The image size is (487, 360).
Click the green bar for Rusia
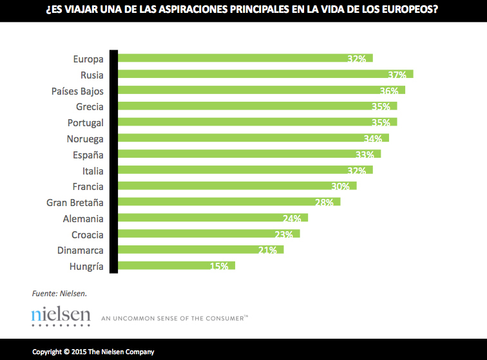(264, 74)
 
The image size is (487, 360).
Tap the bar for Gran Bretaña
(228, 202)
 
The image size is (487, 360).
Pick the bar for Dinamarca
(200, 250)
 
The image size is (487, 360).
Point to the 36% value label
(388, 91)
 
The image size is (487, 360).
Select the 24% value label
(292, 218)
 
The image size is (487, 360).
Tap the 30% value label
(340, 187)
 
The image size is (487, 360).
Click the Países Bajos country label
(77, 91)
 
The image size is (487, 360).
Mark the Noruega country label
(85, 138)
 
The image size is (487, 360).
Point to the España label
(88, 155)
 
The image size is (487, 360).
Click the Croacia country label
(87, 234)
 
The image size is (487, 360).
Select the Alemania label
(83, 218)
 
